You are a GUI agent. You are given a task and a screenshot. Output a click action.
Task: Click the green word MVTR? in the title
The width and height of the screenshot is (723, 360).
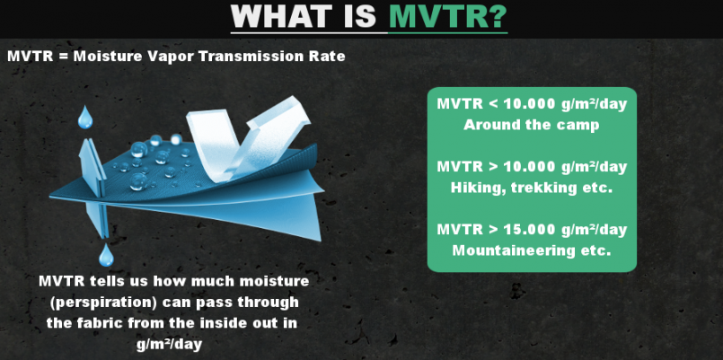pos(448,17)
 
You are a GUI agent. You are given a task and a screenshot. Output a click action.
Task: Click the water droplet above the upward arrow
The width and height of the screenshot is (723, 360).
pos(85,118)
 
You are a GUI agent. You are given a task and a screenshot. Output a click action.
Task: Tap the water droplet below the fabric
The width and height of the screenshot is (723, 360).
pos(106,255)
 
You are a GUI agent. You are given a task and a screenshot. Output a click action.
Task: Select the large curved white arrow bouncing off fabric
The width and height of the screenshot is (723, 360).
pos(248,137)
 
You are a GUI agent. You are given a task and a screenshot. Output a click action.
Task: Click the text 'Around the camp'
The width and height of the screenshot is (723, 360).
pos(532,125)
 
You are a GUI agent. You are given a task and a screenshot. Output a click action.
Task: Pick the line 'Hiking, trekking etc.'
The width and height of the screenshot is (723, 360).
pos(532,188)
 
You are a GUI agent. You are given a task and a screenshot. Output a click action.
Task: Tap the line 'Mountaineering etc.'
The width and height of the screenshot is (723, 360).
pos(532,251)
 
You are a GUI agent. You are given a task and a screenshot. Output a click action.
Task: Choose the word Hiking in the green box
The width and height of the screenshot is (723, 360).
pos(472,188)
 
